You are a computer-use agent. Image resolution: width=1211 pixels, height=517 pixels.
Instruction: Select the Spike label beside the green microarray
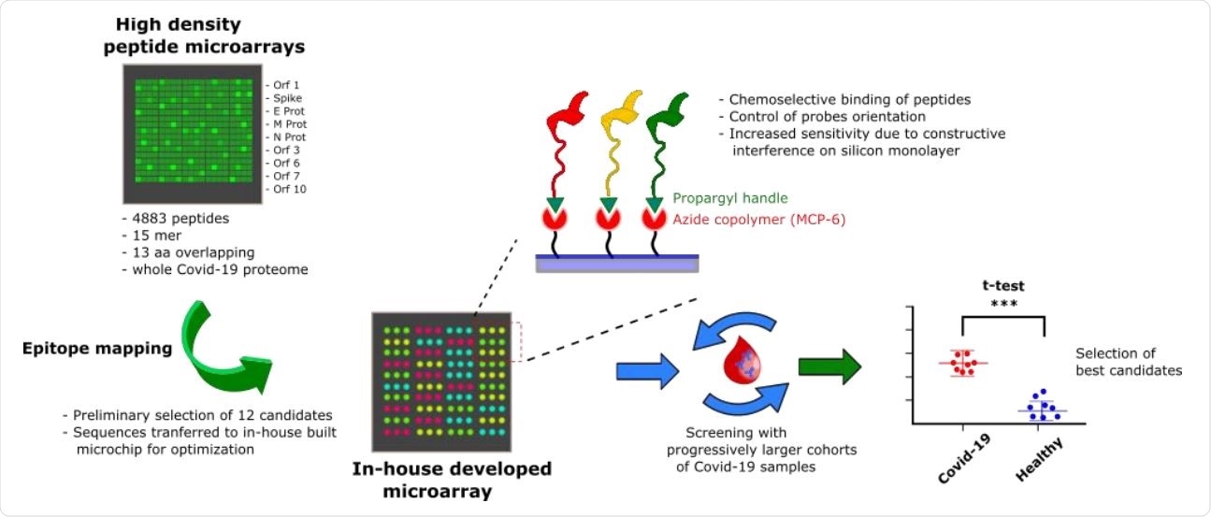286,97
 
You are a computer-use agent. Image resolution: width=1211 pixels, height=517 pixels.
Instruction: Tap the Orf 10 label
288,189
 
